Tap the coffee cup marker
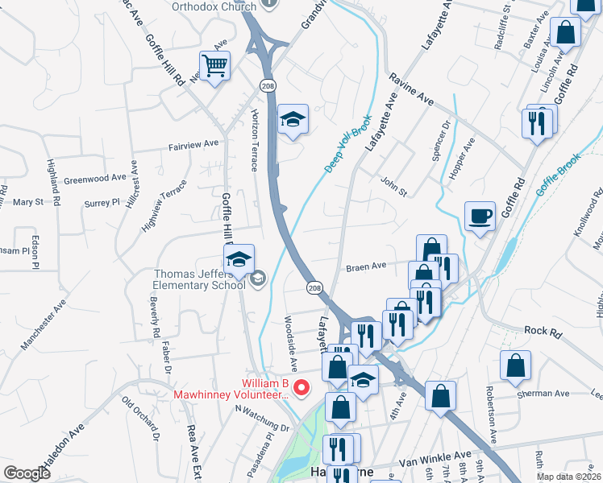tap(480, 217)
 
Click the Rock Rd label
tap(541, 330)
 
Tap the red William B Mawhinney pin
tap(302, 388)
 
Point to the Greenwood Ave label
tap(95, 177)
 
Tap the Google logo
tap(27, 473)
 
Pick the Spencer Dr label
tap(440, 142)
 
